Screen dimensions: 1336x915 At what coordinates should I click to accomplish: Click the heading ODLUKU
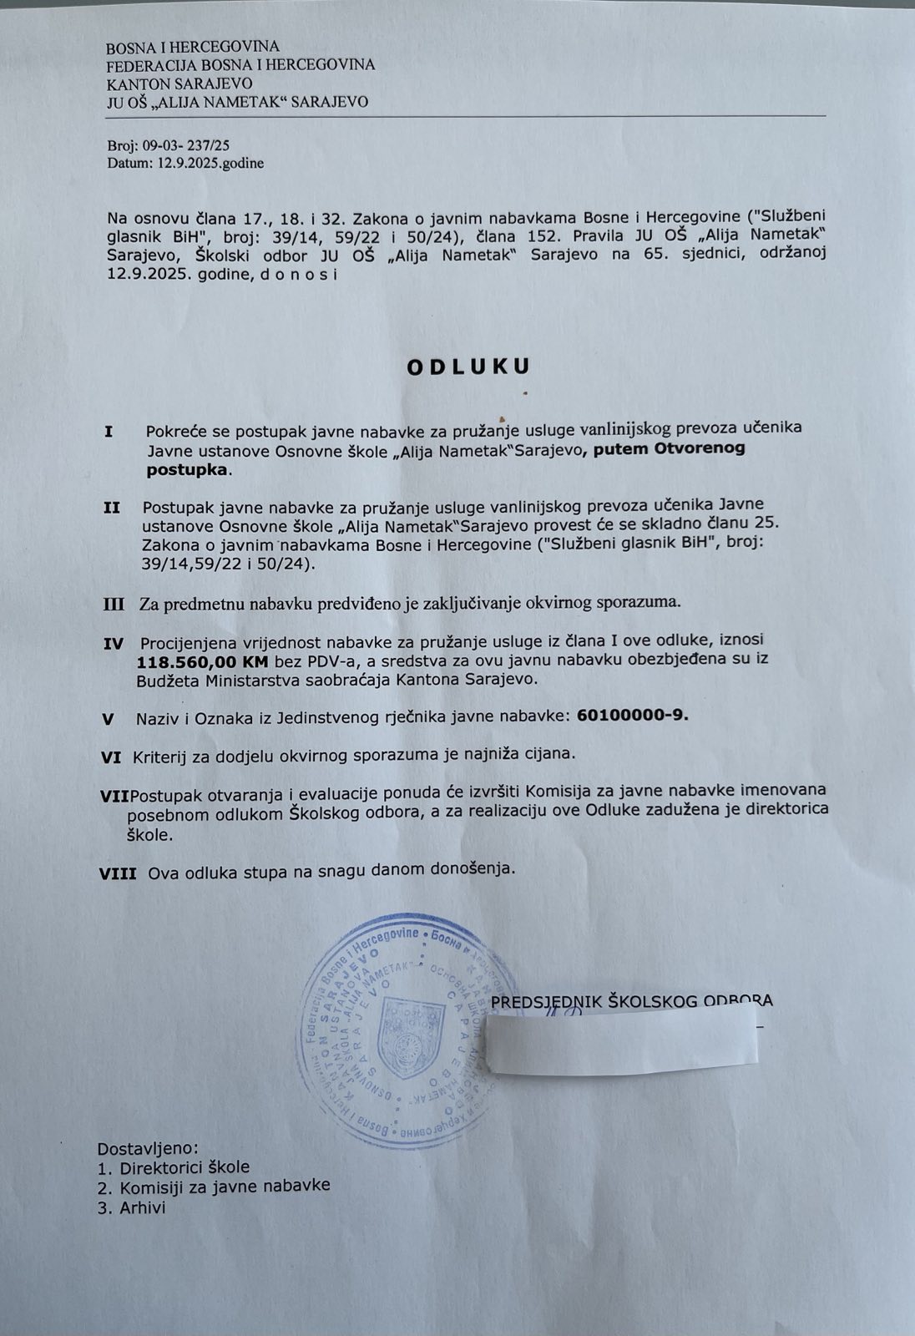(468, 367)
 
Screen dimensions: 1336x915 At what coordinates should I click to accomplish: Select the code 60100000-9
(633, 716)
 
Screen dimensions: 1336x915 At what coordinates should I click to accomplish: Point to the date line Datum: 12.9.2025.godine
(185, 164)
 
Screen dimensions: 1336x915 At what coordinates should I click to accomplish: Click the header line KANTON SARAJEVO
(179, 83)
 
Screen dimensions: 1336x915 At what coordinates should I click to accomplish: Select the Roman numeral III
(114, 604)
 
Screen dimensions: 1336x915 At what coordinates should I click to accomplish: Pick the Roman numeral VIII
(118, 873)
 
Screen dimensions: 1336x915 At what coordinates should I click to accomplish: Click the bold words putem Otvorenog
(669, 448)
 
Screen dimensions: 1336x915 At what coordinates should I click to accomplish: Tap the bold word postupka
(186, 470)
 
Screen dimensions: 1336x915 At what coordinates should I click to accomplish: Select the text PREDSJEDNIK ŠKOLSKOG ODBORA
(631, 1001)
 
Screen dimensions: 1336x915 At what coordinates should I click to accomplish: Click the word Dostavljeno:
(149, 1148)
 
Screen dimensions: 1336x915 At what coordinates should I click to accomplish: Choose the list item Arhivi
(143, 1207)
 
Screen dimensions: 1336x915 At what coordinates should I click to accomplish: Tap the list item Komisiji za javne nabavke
(225, 1187)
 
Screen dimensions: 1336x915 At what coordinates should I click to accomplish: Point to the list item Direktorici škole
(185, 1167)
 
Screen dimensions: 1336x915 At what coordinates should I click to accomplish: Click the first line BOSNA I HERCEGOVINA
(192, 47)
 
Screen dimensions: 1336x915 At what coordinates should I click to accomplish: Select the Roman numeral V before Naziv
(108, 718)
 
